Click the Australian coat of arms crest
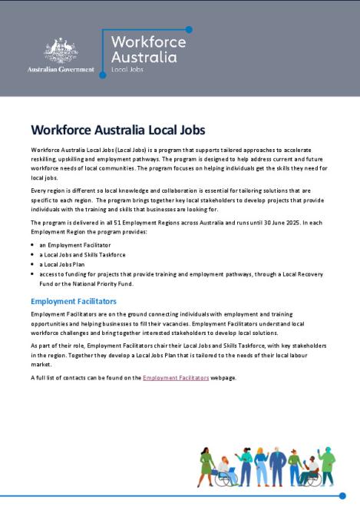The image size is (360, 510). (x=60, y=51)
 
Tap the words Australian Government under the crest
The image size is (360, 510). (x=61, y=69)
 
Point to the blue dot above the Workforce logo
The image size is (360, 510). (x=189, y=30)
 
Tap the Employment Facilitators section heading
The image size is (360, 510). (x=74, y=302)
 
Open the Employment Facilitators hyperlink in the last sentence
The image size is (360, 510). (x=176, y=378)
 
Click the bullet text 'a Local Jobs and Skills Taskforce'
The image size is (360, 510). (x=83, y=254)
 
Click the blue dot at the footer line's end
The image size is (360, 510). (x=343, y=496)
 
